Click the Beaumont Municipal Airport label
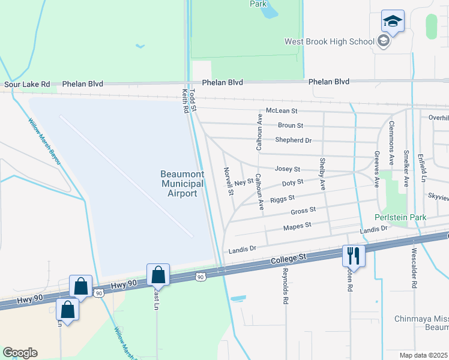point(182,184)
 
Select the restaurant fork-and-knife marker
point(353,256)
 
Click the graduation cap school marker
point(393,21)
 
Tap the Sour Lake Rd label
point(27,85)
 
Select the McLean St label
point(282,111)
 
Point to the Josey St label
point(287,169)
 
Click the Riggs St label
point(282,199)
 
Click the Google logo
point(20,353)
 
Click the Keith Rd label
point(185,101)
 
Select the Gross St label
point(303,211)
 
